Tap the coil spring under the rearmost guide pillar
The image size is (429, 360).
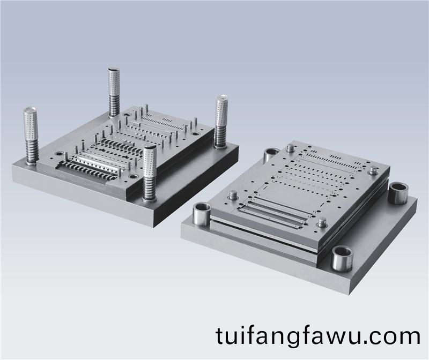click(x=114, y=106)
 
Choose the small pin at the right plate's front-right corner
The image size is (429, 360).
click(x=322, y=222)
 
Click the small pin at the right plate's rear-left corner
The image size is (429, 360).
click(x=291, y=146)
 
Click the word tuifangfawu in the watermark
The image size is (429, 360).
click(x=285, y=337)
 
